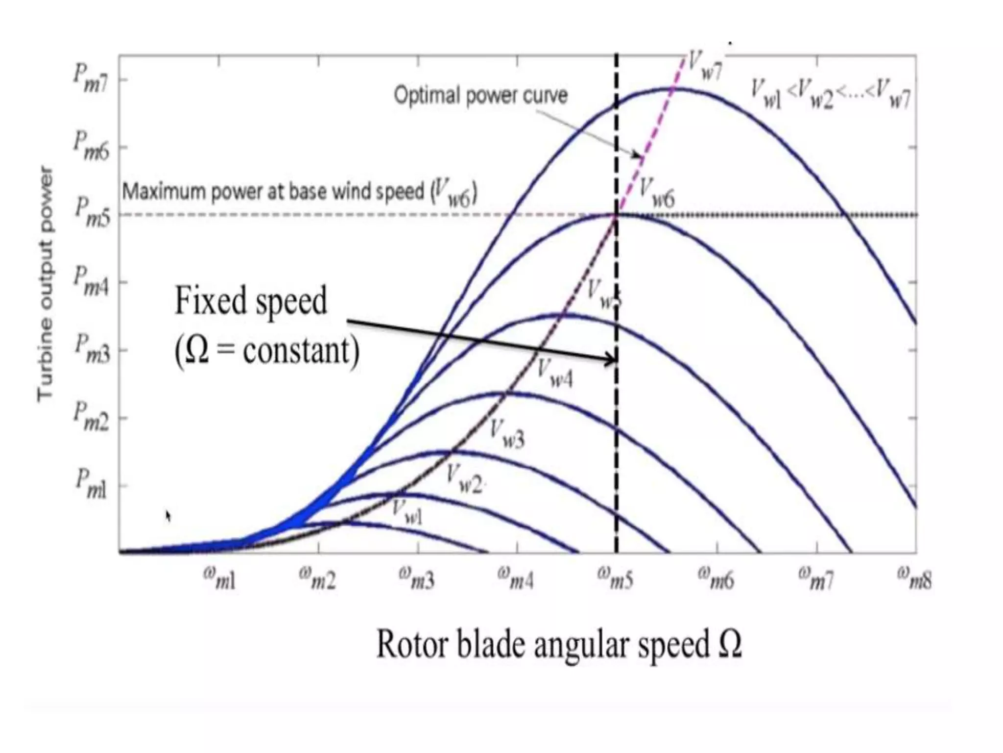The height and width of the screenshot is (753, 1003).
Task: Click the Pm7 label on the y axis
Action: (x=91, y=79)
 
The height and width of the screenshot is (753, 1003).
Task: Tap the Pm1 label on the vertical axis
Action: (x=91, y=485)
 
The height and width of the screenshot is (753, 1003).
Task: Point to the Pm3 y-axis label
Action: (x=92, y=349)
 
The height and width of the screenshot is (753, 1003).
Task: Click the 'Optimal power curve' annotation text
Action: (x=481, y=96)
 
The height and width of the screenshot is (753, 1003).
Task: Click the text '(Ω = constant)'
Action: (x=267, y=351)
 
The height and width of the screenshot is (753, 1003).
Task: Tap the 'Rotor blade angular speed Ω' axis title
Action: (x=559, y=644)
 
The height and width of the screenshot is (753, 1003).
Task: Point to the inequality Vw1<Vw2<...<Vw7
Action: (x=831, y=95)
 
